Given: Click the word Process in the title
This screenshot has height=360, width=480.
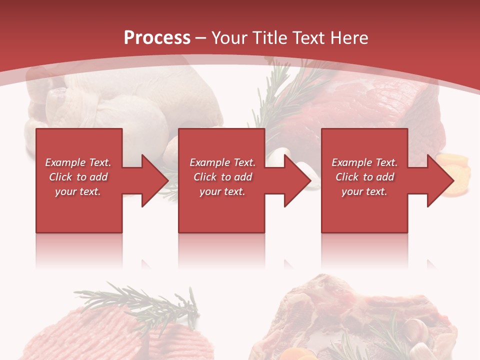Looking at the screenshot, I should [x=157, y=38].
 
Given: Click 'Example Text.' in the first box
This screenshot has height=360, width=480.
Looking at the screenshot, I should [x=78, y=162].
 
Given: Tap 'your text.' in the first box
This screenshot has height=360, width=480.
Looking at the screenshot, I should [x=78, y=191].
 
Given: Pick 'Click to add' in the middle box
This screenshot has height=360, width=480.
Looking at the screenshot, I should [x=222, y=177].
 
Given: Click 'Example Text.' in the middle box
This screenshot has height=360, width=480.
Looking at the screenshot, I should [x=222, y=162].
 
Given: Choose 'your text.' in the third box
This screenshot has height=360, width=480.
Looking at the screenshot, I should [x=364, y=191].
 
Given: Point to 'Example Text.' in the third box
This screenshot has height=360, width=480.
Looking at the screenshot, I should [x=364, y=162].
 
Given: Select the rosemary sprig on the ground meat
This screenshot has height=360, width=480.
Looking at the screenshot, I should [x=140, y=300].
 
